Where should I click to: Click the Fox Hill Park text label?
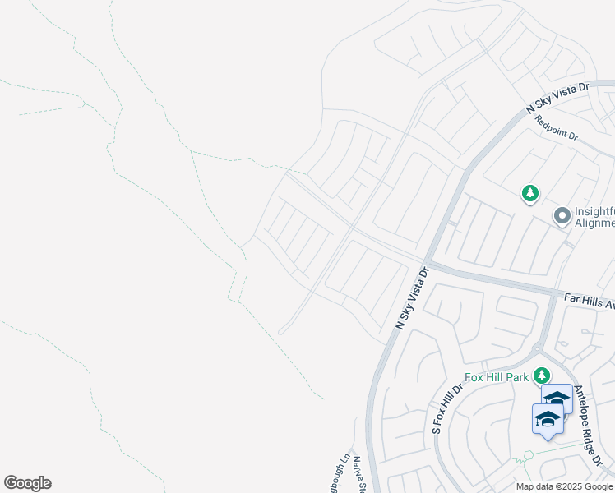pyautogui.click(x=497, y=377)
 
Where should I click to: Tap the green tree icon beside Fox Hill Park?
pyautogui.click(x=541, y=376)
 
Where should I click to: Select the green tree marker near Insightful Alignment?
pyautogui.click(x=530, y=194)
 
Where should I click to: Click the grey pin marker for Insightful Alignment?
pyautogui.click(x=562, y=216)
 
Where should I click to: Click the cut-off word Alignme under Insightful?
pyautogui.click(x=595, y=223)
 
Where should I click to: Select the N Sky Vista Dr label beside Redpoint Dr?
pyautogui.click(x=558, y=96)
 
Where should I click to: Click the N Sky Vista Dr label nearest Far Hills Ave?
pyautogui.click(x=413, y=297)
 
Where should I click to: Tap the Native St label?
pyautogui.click(x=359, y=476)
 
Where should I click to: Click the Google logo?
pyautogui.click(x=27, y=483)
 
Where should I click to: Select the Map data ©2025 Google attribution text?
pyautogui.click(x=564, y=486)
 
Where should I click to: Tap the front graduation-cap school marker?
pyautogui.click(x=548, y=420)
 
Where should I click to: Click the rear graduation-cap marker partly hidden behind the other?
pyautogui.click(x=558, y=398)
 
